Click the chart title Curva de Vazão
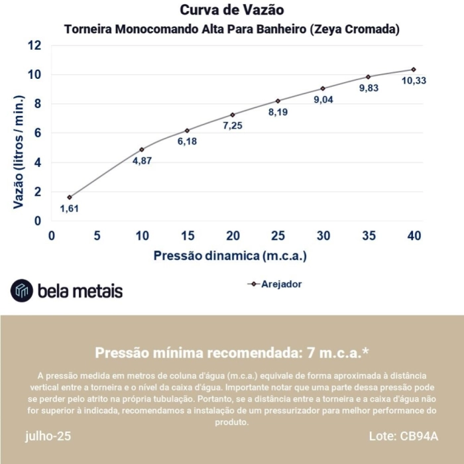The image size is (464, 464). [232, 11]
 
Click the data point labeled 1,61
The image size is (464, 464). [69, 197]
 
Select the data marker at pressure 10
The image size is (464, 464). [142, 149]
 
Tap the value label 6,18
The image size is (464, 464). [188, 143]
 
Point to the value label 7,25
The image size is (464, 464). [233, 126]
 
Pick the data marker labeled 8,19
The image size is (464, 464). [278, 101]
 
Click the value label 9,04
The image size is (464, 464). [323, 100]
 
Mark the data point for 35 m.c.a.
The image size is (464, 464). [368, 77]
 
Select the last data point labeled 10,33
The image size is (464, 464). [414, 69]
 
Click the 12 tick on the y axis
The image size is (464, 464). [34, 45]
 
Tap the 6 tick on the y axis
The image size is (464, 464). [38, 133]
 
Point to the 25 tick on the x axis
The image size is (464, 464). [278, 236]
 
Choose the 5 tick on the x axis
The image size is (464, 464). [97, 236]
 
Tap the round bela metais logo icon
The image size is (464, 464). [21, 290]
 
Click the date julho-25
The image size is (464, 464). [48, 437]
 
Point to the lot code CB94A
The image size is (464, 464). [419, 437]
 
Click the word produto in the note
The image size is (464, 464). [231, 422]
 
